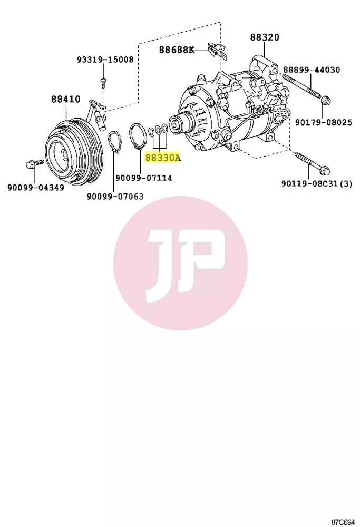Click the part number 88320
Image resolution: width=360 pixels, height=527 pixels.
pyautogui.click(x=265, y=37)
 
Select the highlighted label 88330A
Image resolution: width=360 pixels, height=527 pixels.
pyautogui.click(x=163, y=157)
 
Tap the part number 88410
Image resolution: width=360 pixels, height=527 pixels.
pyautogui.click(x=66, y=99)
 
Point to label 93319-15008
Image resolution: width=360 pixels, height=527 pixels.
pyautogui.click(x=105, y=60)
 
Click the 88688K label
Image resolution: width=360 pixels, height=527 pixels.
pyautogui.click(x=177, y=50)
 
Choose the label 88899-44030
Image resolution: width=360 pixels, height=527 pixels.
pyautogui.click(x=312, y=70)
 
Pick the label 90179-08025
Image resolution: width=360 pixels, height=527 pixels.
pyautogui.click(x=324, y=122)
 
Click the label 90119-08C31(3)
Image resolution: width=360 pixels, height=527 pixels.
pyautogui.click(x=317, y=183)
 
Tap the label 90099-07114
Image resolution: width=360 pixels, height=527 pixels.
pyautogui.click(x=144, y=178)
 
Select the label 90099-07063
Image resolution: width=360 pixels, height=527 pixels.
pyautogui.click(x=115, y=196)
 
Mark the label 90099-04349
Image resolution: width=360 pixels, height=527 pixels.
pyautogui.click(x=36, y=187)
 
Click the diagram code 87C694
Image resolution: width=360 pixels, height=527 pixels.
pyautogui.click(x=343, y=522)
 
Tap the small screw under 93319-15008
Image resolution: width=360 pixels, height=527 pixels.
pyautogui.click(x=103, y=82)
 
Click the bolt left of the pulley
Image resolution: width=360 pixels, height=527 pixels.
pyautogui.click(x=34, y=164)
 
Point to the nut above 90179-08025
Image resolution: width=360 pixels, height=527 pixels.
pyautogui.click(x=325, y=100)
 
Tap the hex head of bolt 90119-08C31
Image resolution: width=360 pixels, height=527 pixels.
pyautogui.click(x=325, y=171)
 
